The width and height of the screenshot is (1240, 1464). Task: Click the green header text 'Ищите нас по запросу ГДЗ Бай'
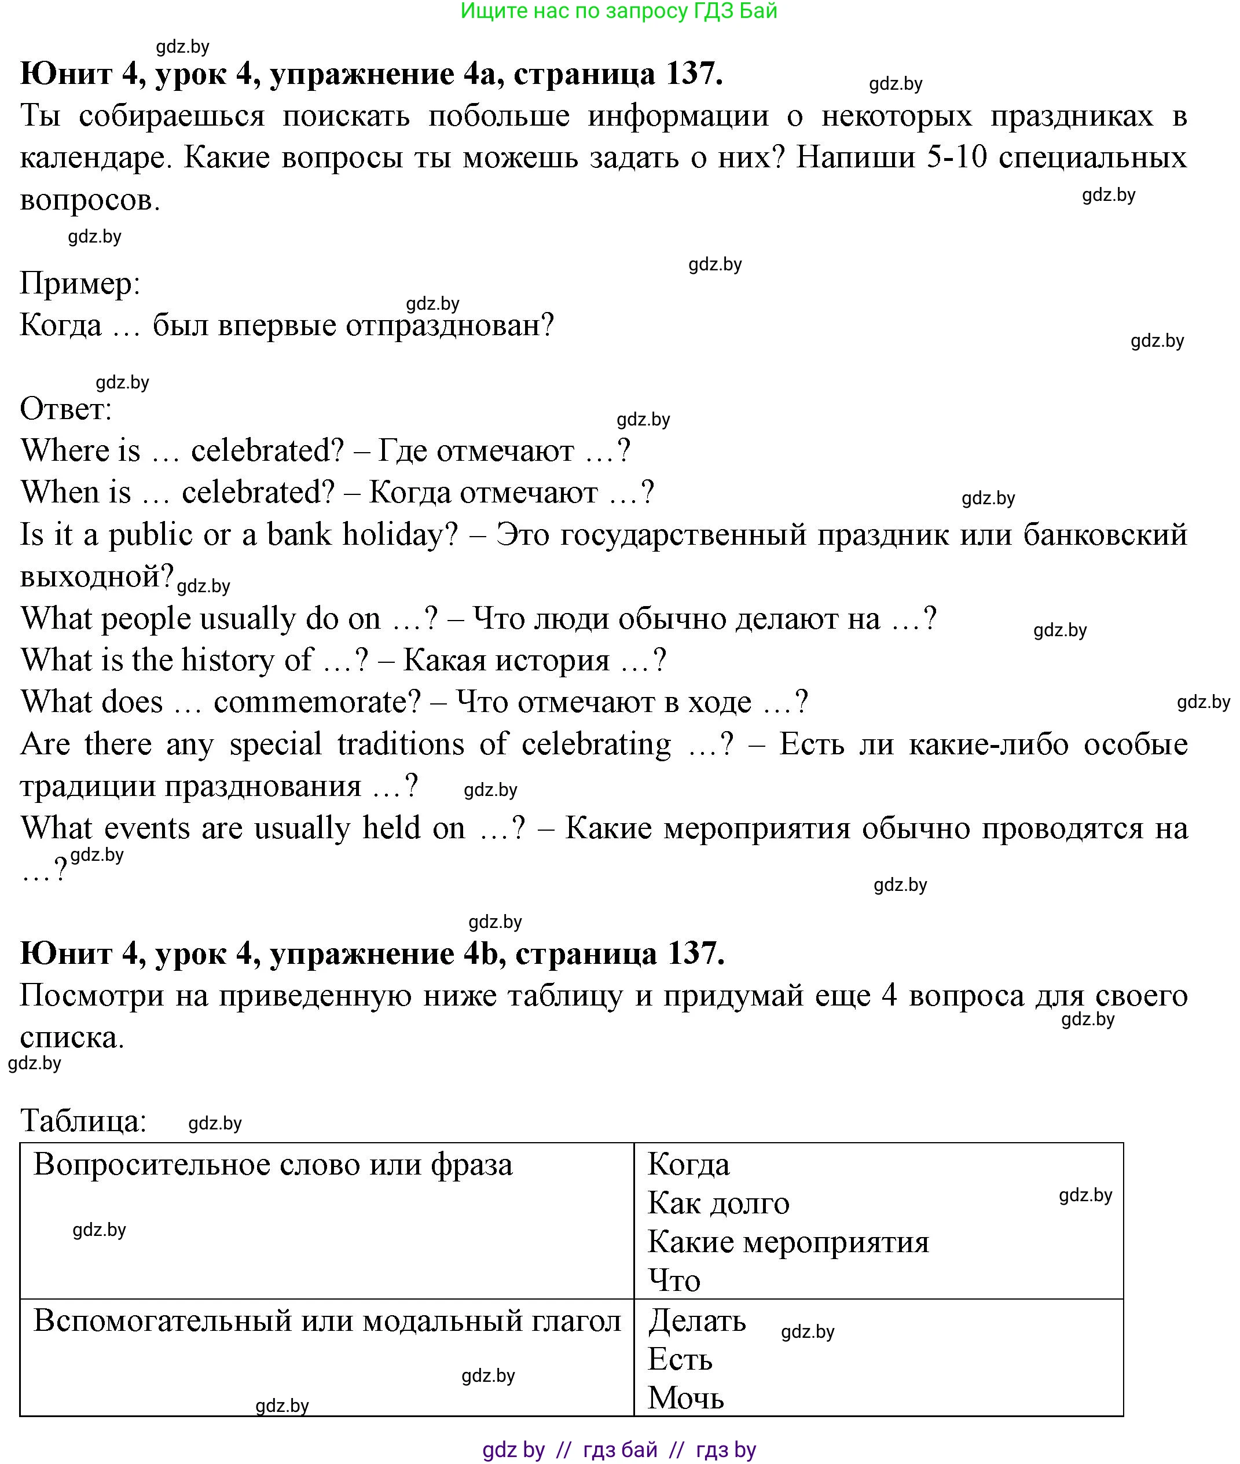619,10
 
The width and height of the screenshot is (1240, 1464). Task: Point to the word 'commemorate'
316,702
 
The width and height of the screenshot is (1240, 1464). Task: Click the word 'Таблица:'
83,1120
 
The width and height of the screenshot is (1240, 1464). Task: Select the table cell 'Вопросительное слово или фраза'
273,1165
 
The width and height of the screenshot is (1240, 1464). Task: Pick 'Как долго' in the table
718,1204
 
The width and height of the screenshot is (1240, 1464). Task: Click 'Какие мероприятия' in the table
787,1242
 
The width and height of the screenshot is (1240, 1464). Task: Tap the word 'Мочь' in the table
685,1397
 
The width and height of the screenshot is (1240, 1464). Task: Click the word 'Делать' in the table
696,1320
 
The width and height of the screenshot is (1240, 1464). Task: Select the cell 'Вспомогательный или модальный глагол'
327,1320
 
